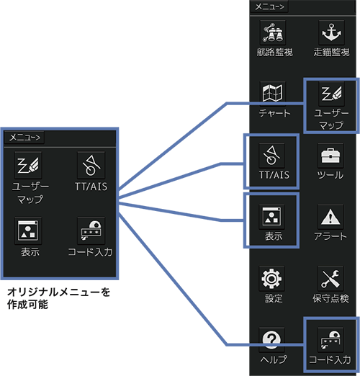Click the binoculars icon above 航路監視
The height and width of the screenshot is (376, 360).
[x=273, y=32]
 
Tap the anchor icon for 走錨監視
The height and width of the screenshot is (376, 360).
[x=331, y=32]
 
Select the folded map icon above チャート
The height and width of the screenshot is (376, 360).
[x=273, y=94]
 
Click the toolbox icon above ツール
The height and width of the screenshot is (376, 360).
[x=330, y=156]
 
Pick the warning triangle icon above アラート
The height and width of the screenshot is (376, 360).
[x=330, y=217]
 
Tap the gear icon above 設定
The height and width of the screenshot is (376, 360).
[x=271, y=279]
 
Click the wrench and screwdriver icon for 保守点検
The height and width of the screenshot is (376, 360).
[x=330, y=279]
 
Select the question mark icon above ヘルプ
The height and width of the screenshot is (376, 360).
[x=271, y=339]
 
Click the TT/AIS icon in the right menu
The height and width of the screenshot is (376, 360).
[x=271, y=156]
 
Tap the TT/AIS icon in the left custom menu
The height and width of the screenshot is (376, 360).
[x=91, y=165]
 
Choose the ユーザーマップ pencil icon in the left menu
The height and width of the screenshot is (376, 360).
[x=28, y=165]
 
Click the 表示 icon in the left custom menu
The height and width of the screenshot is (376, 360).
[x=28, y=231]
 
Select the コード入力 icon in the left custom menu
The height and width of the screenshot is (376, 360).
[x=91, y=231]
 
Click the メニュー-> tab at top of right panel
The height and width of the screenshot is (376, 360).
[x=269, y=6]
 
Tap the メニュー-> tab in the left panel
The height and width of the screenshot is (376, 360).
[x=24, y=138]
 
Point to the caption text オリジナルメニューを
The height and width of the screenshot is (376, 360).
[x=58, y=292]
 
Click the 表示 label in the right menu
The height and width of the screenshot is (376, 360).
[x=274, y=236]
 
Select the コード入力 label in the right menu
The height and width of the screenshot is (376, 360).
[x=330, y=359]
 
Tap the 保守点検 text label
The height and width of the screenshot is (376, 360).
[x=330, y=298]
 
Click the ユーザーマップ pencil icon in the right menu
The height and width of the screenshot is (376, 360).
[x=331, y=94]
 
